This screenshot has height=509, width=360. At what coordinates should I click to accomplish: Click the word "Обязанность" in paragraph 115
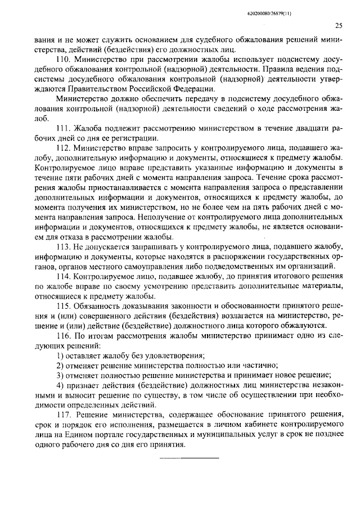(96, 306)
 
